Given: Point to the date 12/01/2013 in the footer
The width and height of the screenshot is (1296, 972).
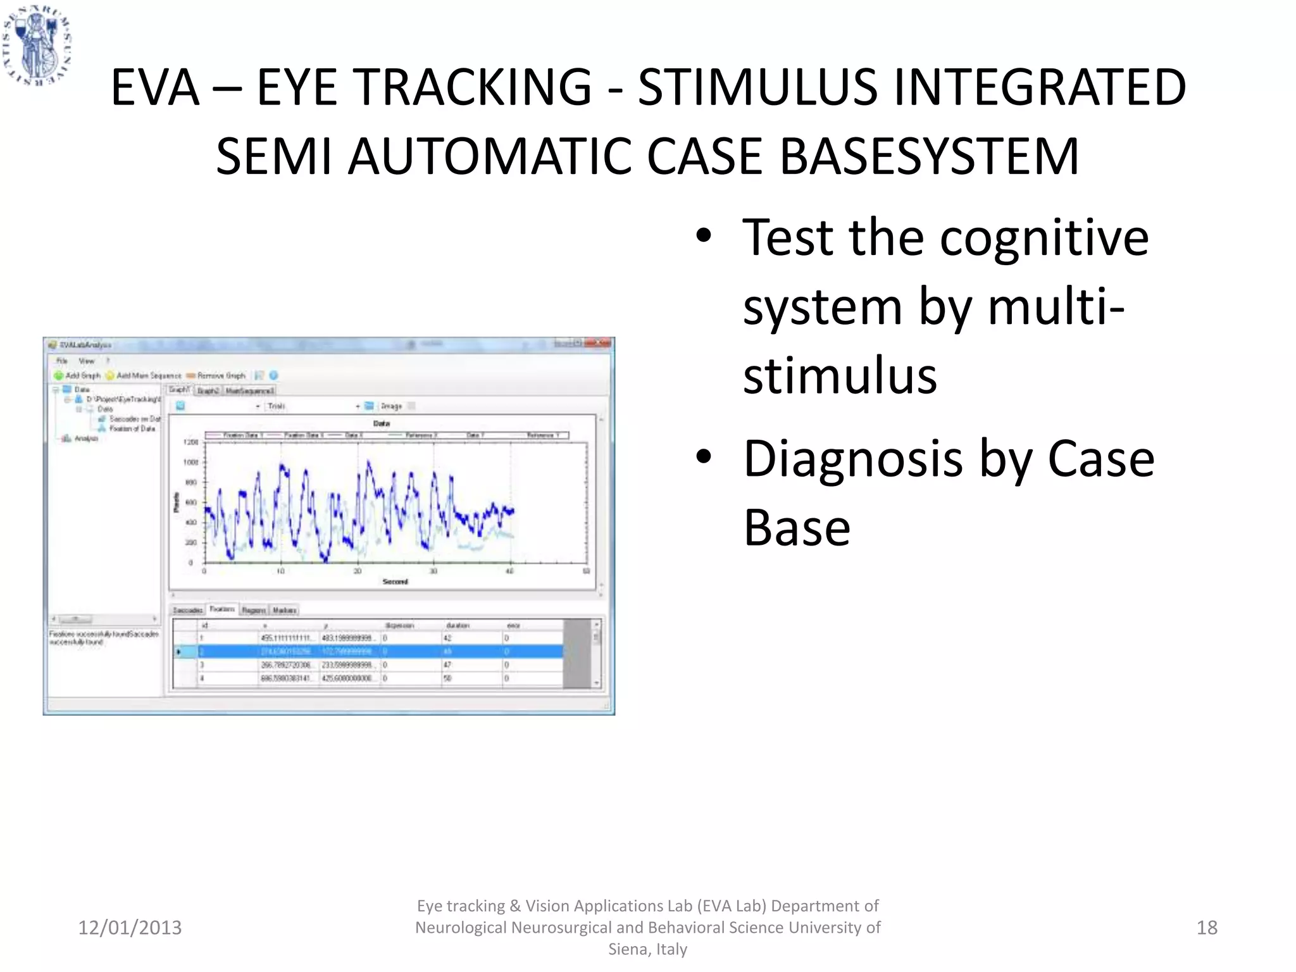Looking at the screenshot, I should (x=130, y=928).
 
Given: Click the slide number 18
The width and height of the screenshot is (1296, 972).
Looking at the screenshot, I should (x=1207, y=928).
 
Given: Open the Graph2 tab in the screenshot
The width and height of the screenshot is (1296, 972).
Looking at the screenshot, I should (x=208, y=390).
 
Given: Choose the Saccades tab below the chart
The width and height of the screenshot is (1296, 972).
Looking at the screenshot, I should (x=187, y=610).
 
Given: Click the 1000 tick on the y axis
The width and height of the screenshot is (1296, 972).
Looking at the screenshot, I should (x=190, y=463).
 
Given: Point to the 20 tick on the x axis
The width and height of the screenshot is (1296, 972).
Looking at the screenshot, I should (x=358, y=571).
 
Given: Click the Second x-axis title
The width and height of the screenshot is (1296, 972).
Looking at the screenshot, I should (x=395, y=582).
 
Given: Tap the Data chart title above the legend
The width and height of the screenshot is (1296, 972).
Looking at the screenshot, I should (x=382, y=423).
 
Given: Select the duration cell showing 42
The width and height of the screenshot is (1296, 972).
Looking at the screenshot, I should (x=447, y=639).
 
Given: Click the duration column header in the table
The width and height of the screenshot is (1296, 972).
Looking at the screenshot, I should (x=458, y=625).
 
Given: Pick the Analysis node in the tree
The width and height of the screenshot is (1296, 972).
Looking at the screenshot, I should (x=86, y=439).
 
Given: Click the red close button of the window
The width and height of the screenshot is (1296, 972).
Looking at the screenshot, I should (x=601, y=344).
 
